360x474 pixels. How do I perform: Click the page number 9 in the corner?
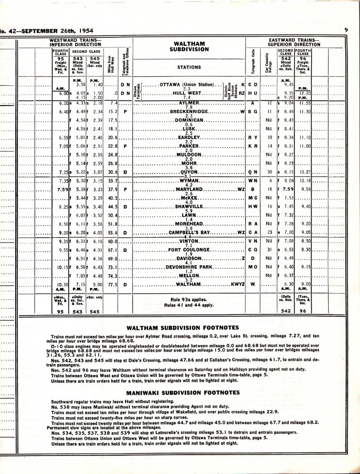click(x=347, y=30)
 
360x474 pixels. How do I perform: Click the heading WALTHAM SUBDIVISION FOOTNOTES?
click(x=182, y=327)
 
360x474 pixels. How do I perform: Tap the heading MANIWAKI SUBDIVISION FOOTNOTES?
click(x=182, y=393)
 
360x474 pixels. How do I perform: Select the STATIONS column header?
click(x=189, y=67)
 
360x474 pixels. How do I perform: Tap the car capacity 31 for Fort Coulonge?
click(x=269, y=250)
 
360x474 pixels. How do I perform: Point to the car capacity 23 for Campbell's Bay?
click(x=269, y=233)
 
